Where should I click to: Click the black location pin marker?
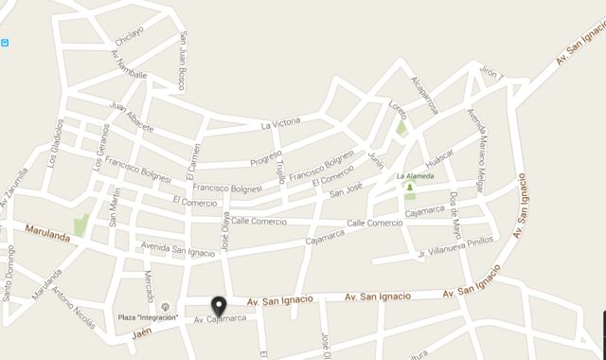220,306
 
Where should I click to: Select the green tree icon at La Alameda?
409,188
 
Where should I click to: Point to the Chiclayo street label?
129,36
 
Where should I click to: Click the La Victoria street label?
280,124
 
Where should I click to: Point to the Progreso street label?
267,155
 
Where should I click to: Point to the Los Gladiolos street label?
55,142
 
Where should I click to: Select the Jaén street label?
142,333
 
